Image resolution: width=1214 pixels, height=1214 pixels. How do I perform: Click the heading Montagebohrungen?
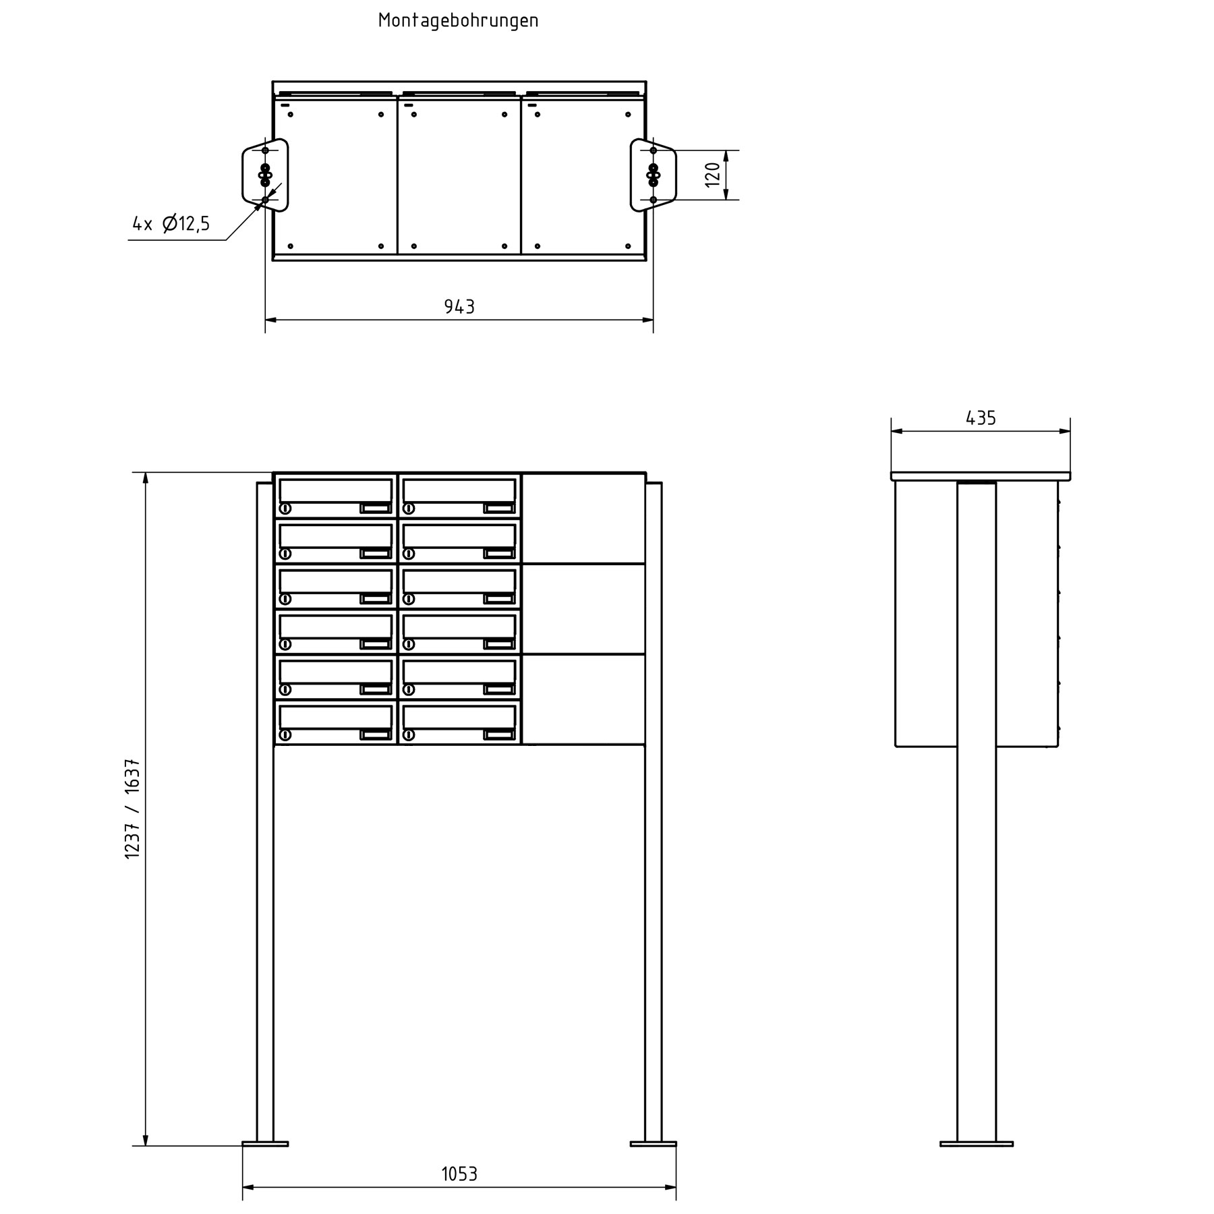tap(458, 21)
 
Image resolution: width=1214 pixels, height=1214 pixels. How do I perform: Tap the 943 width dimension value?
tap(459, 308)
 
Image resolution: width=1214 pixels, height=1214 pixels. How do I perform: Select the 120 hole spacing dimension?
tap(713, 175)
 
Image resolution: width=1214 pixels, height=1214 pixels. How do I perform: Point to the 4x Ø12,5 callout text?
tap(171, 223)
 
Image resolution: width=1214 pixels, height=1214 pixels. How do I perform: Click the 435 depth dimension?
tap(981, 419)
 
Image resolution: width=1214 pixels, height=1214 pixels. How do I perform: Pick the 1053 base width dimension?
tap(459, 1174)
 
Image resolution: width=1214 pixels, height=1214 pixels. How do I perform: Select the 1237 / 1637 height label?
tap(133, 809)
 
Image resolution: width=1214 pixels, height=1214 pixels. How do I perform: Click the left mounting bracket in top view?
tap(265, 175)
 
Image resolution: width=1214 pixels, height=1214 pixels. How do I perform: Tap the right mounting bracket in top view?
tap(653, 175)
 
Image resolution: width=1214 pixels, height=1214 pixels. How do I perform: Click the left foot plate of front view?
tap(265, 1144)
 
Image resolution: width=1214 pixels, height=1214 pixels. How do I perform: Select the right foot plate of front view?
tap(653, 1144)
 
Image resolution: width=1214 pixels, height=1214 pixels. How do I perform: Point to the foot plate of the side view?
tap(976, 1144)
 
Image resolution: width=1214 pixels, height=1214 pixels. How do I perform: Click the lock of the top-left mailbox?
tap(285, 509)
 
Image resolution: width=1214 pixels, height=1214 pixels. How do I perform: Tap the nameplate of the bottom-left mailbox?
tap(376, 734)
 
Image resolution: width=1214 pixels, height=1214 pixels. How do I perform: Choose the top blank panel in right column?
tap(584, 519)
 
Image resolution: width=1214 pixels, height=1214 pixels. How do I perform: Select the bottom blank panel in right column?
tap(584, 699)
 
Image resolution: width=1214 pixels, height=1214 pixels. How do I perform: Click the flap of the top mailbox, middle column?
tap(459, 490)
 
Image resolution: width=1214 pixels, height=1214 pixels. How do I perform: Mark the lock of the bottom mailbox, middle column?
tap(409, 734)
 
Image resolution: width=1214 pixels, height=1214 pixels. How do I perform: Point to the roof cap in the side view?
tap(981, 476)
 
